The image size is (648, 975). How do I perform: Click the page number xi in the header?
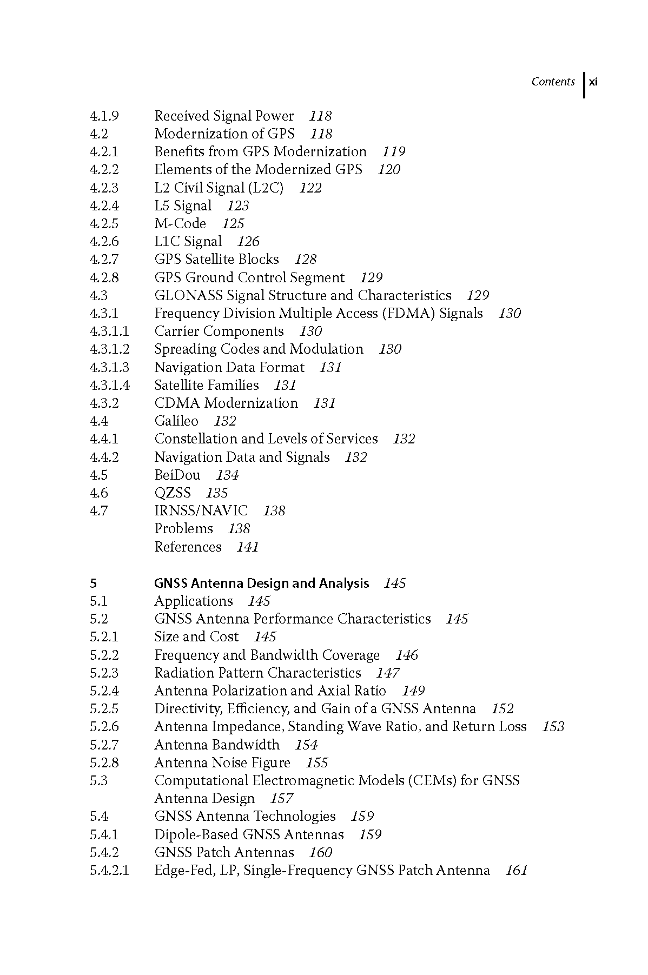(593, 82)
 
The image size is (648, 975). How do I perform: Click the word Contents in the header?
(553, 82)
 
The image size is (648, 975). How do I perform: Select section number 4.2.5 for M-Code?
(104, 224)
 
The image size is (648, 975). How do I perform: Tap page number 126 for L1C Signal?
(248, 242)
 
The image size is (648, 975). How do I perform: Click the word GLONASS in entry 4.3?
(189, 296)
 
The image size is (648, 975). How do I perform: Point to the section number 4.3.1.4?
(110, 386)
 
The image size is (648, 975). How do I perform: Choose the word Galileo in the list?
(176, 421)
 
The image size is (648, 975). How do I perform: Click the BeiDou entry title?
(177, 475)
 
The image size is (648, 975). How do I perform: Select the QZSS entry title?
(173, 493)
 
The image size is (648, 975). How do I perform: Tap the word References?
(188, 547)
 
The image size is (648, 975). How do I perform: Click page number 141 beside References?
(248, 547)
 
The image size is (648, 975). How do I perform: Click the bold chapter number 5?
(94, 583)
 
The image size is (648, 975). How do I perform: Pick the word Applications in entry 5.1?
(194, 601)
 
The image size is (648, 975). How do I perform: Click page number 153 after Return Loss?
(553, 727)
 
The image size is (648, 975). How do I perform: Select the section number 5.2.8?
(104, 763)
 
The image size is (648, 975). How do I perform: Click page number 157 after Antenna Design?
(281, 799)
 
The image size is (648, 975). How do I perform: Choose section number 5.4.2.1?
(110, 871)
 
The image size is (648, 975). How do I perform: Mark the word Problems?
(184, 529)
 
